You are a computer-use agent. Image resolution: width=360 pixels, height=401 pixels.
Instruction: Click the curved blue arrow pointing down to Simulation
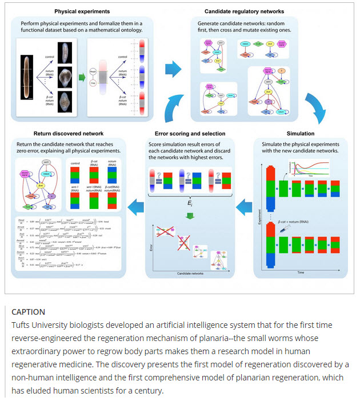pos(312,103)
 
